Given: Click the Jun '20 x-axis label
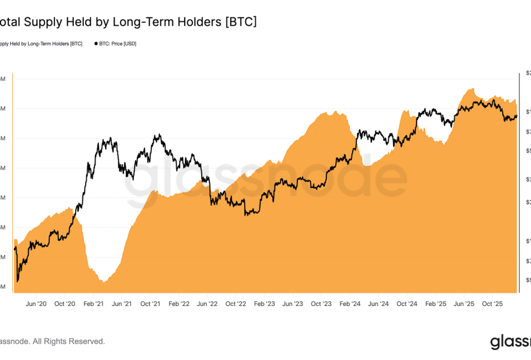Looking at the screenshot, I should [x=36, y=304].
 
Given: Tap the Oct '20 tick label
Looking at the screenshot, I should [x=65, y=304].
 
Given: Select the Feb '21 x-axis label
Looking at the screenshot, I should [x=93, y=304].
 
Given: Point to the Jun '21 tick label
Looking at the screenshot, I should [x=121, y=304].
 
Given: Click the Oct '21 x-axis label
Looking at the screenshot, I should [x=150, y=304].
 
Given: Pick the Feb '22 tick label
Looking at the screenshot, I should [x=179, y=304].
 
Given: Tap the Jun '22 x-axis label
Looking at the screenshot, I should [x=207, y=304].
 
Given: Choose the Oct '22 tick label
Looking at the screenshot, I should [x=236, y=304].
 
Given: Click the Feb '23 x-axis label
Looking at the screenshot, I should [x=265, y=304].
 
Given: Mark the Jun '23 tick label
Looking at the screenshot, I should [x=293, y=304].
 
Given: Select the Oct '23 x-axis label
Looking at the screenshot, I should [x=322, y=304].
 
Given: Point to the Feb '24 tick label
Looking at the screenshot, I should [x=350, y=304].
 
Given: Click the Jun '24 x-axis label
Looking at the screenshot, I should [x=378, y=304].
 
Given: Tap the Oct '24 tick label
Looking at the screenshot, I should [x=407, y=304].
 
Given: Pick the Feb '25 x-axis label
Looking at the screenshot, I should [x=436, y=304].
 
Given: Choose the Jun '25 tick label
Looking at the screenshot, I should [x=464, y=304].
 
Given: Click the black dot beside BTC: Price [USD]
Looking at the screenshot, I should [x=96, y=43].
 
